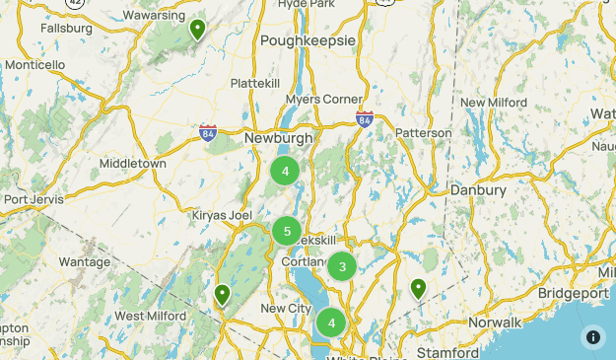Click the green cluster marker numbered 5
point(287,232)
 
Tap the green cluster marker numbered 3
point(342,266)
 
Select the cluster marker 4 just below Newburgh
point(285,172)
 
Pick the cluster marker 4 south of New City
point(331,323)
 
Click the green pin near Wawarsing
point(198,29)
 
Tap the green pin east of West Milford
point(223,294)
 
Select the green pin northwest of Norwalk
point(418,288)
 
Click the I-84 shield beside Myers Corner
point(365,118)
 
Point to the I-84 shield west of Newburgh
point(207,133)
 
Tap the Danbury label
point(478,189)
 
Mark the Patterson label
point(424,133)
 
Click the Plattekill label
point(256,84)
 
